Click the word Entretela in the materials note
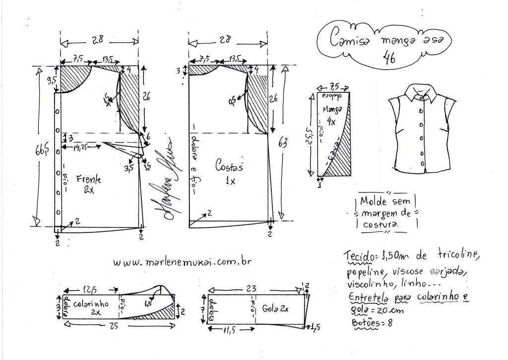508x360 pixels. [367, 298]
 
